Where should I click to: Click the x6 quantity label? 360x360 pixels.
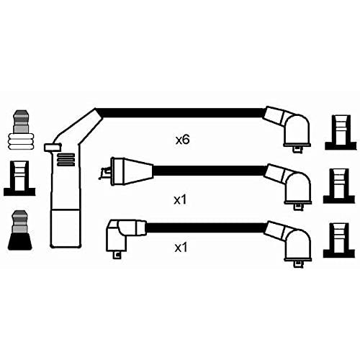click(182, 140)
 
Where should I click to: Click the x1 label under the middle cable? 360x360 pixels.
click(180, 199)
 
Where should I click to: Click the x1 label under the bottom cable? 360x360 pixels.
click(181, 248)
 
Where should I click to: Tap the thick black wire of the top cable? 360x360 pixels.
click(180, 113)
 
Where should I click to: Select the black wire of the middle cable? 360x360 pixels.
click(210, 171)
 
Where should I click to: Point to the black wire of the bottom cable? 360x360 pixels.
click(206, 228)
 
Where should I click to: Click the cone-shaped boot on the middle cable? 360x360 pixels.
click(132, 171)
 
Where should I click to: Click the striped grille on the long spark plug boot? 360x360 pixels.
click(66, 160)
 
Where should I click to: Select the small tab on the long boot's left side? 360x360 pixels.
click(53, 148)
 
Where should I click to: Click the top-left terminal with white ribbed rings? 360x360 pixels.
click(21, 130)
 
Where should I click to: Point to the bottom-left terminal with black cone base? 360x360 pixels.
click(20, 230)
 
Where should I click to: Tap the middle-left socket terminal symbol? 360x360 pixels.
click(19, 178)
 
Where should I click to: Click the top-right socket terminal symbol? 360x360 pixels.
click(341, 132)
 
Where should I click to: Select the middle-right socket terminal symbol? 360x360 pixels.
click(339, 186)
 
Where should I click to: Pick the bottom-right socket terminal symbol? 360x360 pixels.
click(339, 240)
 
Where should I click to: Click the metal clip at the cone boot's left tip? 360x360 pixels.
click(105, 174)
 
